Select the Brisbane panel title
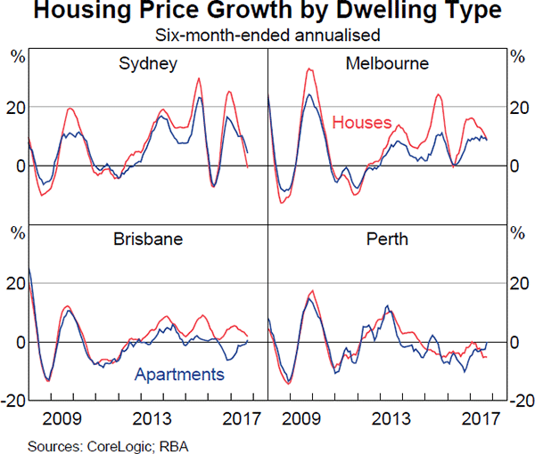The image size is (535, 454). pyautogui.click(x=148, y=240)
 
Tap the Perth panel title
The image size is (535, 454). pyautogui.click(x=387, y=240)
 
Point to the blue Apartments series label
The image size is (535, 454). pyautogui.click(x=178, y=375)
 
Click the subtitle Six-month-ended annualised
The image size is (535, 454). pyautogui.click(x=267, y=36)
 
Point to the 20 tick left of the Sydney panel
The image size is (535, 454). pyautogui.click(x=16, y=107)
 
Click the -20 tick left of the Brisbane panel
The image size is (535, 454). pyautogui.click(x=13, y=401)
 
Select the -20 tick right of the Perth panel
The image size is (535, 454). pyautogui.click(x=520, y=401)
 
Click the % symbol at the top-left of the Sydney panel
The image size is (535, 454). pyautogui.click(x=16, y=56)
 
